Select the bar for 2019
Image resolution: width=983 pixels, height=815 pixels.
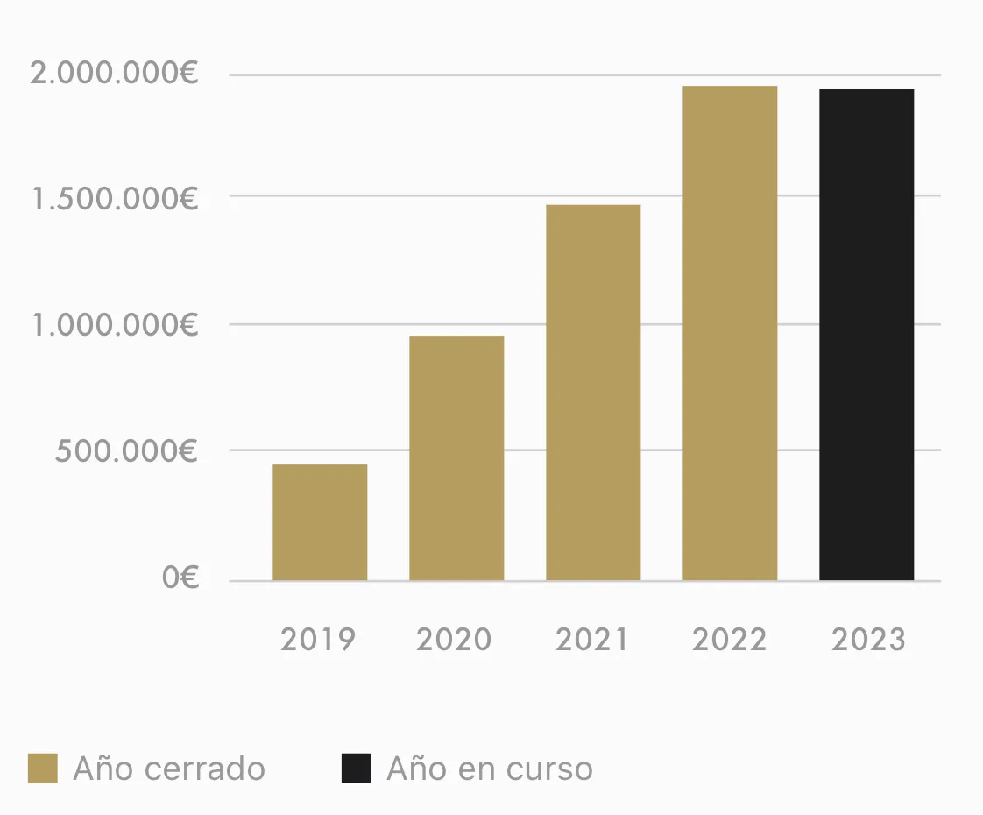click(320, 522)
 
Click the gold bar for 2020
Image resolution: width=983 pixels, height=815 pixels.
click(456, 457)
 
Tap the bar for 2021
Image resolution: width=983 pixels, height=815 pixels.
click(593, 393)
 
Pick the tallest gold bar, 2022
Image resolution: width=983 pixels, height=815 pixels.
click(730, 333)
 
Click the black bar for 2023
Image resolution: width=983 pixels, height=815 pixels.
click(866, 335)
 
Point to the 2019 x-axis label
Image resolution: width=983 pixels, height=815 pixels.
click(318, 640)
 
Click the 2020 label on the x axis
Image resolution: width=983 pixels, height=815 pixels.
click(454, 640)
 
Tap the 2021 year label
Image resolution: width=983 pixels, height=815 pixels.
click(592, 640)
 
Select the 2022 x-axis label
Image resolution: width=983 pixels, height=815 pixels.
click(729, 640)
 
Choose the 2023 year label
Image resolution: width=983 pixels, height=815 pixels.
click(867, 640)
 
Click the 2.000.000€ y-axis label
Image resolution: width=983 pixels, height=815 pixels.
click(115, 74)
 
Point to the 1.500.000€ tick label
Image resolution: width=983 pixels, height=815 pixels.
click(115, 199)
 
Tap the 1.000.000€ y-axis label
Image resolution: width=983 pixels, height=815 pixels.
click(115, 325)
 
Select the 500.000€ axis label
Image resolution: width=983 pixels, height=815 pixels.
click(127, 451)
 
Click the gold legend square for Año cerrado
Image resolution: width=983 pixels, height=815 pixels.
click(42, 768)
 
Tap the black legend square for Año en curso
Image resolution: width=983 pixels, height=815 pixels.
click(356, 768)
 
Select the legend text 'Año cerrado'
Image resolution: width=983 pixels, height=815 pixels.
click(169, 769)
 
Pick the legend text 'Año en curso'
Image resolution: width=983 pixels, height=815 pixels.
click(490, 769)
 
